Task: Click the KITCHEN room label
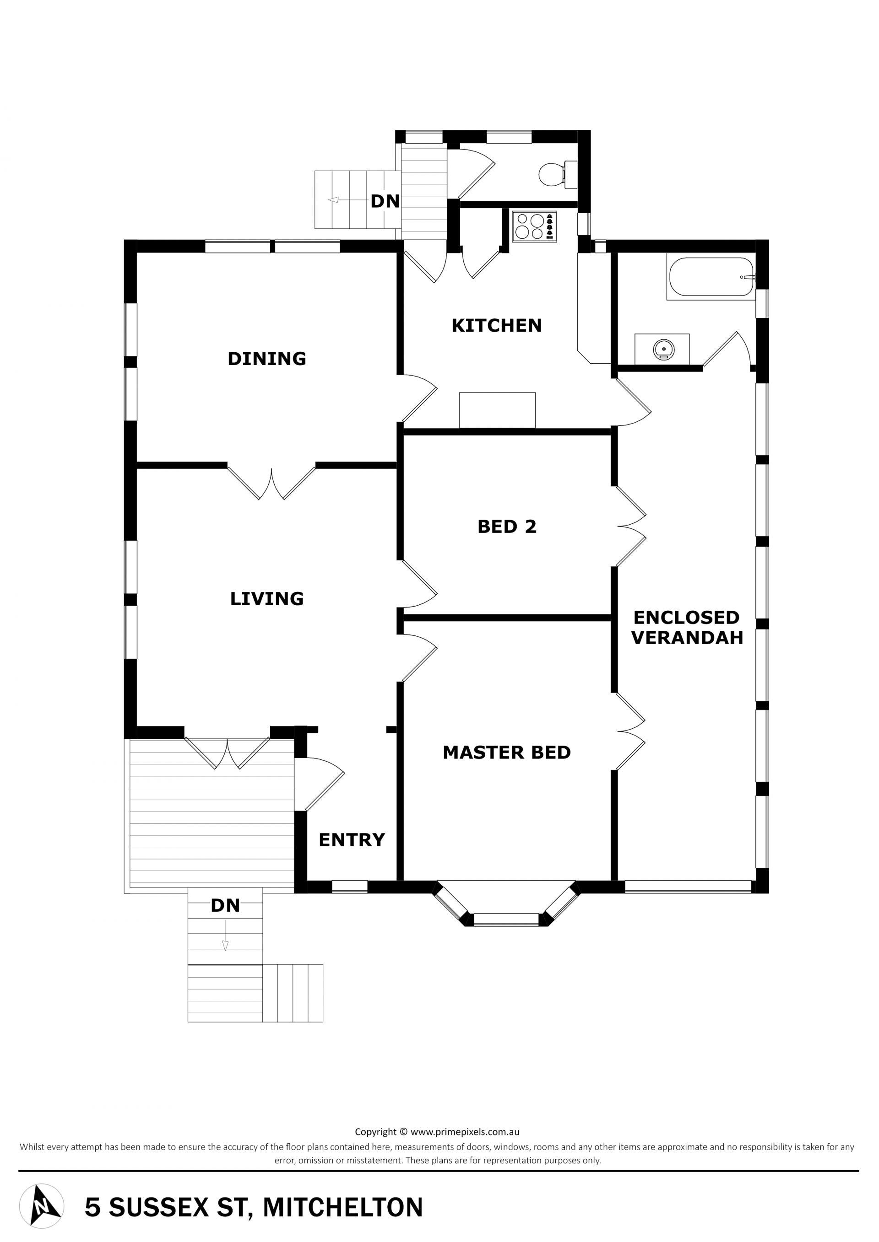click(x=496, y=325)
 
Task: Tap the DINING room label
click(x=267, y=359)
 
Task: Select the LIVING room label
click(x=267, y=598)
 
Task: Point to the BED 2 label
click(x=507, y=527)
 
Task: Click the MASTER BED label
click(x=507, y=752)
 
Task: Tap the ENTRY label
click(x=352, y=839)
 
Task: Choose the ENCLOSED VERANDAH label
click(x=687, y=627)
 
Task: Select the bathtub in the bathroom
click(x=711, y=276)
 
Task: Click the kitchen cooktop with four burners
click(x=535, y=226)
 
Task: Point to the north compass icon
click(x=41, y=1206)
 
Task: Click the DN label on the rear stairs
click(x=385, y=201)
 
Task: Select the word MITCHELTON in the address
click(x=343, y=1207)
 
